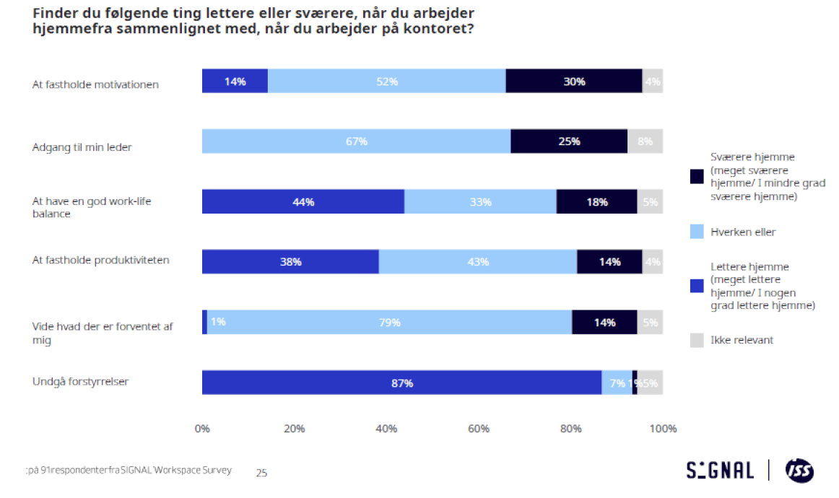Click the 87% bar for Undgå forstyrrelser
pyautogui.click(x=401, y=383)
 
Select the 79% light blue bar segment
pyautogui.click(x=389, y=323)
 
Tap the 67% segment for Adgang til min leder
pyautogui.click(x=356, y=141)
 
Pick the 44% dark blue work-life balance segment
pyautogui.click(x=303, y=202)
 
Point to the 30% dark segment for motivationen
pyautogui.click(x=573, y=82)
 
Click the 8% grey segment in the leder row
pyautogui.click(x=645, y=141)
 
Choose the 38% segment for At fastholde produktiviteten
pyautogui.click(x=290, y=262)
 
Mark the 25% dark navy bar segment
pyautogui.click(x=569, y=141)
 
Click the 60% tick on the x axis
pyautogui.click(x=479, y=429)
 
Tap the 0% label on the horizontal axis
pyautogui.click(x=202, y=429)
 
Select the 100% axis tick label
pyautogui.click(x=664, y=429)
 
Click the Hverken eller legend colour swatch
pyautogui.click(x=697, y=232)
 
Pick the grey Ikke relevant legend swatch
pyautogui.click(x=697, y=339)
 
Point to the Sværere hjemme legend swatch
pyautogui.click(x=697, y=176)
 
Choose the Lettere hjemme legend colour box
pyautogui.click(x=697, y=286)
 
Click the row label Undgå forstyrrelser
pyautogui.click(x=80, y=382)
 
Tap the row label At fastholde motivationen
pyautogui.click(x=95, y=84)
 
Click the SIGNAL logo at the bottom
pyautogui.click(x=720, y=471)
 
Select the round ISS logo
pyautogui.click(x=799, y=471)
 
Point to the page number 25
pyautogui.click(x=261, y=473)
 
